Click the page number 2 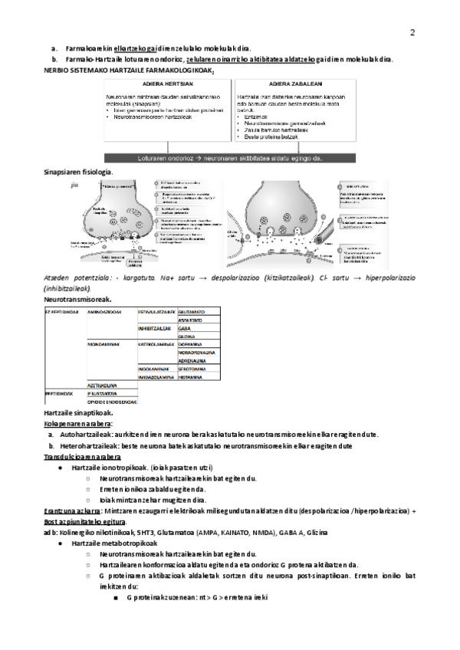[412, 32]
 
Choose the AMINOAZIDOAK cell [104, 312]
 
